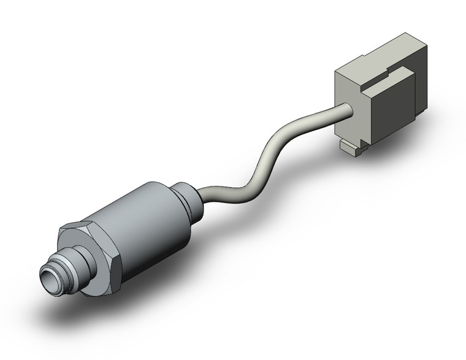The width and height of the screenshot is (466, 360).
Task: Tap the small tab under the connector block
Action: [349, 148]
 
